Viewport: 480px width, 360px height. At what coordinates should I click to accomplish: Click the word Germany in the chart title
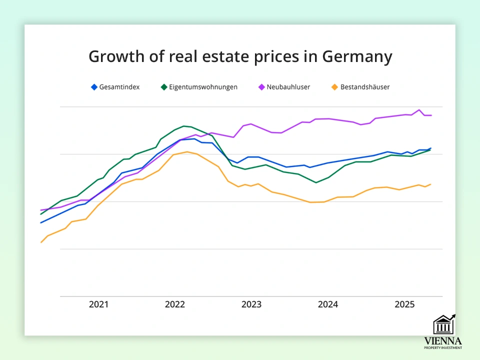pos(357,57)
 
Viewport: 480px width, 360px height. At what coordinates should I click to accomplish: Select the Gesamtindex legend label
pos(119,87)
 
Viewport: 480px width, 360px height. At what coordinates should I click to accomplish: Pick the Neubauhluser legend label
pos(288,87)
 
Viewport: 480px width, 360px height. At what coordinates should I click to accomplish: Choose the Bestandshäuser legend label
pos(365,87)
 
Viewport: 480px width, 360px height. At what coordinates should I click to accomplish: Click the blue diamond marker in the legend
pos(93,87)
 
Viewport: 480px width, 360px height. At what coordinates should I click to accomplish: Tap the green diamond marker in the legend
pos(163,87)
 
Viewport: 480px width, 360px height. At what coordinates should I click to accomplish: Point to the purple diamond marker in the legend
pos(261,87)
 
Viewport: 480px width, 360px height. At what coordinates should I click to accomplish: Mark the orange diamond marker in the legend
pos(334,87)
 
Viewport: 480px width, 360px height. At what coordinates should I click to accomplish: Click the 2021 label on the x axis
pos(98,304)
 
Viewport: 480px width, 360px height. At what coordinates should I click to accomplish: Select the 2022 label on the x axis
pos(175,304)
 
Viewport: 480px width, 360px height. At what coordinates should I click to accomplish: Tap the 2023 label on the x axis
pos(251,304)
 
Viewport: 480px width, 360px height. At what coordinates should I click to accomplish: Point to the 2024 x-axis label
pos(328,304)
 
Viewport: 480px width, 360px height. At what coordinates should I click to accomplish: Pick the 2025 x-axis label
pos(404,304)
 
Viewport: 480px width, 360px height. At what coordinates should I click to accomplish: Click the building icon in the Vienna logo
pos(443,325)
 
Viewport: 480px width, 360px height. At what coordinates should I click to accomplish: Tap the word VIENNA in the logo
pos(443,340)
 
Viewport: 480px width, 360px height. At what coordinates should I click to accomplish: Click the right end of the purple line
pos(431,115)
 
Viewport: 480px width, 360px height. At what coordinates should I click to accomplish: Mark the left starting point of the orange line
pos(41,242)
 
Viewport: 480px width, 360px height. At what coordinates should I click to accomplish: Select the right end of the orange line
pos(430,184)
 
